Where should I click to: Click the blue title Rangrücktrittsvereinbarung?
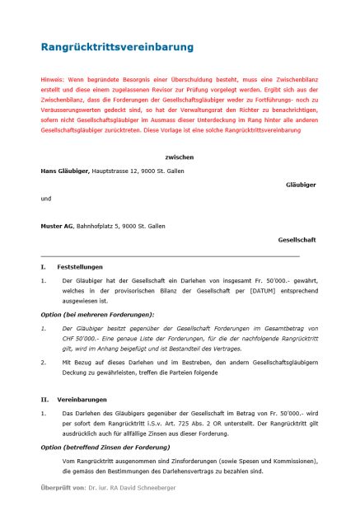(117, 47)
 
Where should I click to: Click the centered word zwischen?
(179, 156)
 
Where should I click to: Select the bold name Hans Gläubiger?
(65, 171)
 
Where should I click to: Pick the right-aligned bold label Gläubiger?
(301, 185)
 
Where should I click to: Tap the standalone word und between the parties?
(46, 199)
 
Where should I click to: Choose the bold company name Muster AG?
(57, 226)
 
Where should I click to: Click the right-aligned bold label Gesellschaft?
(297, 240)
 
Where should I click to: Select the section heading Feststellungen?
(80, 268)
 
